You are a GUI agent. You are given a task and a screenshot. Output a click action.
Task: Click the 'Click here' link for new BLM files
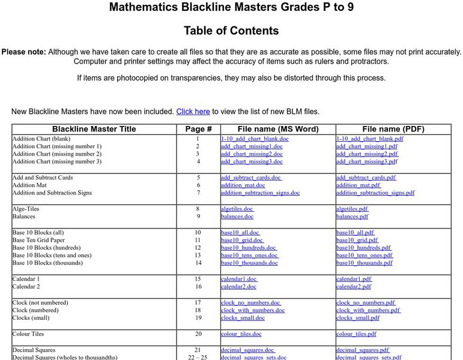193,112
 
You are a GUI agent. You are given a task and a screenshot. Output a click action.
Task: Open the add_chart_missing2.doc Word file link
252,154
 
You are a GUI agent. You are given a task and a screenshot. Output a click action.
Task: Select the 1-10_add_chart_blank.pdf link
369,139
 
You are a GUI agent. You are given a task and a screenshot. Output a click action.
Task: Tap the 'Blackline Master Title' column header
94,129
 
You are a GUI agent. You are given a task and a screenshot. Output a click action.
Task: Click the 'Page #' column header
198,129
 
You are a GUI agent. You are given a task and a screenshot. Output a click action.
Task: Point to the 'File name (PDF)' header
393,129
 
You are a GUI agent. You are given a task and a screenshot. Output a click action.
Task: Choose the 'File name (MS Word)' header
278,129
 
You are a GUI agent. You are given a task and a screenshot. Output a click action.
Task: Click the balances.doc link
237,217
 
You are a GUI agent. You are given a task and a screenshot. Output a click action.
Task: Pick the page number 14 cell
198,263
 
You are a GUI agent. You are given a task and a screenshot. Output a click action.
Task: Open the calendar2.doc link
238,287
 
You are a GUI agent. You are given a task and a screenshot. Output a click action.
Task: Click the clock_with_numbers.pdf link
368,311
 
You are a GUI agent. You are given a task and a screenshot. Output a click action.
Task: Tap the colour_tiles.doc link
241,334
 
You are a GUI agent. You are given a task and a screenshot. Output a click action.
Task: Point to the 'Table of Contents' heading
231,31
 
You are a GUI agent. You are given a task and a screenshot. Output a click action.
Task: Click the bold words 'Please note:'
23,52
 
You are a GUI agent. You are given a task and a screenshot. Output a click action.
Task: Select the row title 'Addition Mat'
29,185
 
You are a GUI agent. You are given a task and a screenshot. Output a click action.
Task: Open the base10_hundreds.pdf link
363,248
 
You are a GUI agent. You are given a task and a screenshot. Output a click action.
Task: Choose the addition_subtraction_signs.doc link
260,193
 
